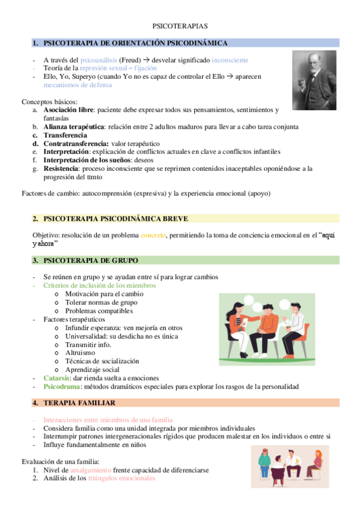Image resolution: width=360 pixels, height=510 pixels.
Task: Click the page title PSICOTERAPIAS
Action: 180,27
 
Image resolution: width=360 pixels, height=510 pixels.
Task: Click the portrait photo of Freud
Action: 314,80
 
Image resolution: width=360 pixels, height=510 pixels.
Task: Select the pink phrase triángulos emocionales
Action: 122,478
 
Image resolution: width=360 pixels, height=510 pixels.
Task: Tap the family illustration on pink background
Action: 290,467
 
